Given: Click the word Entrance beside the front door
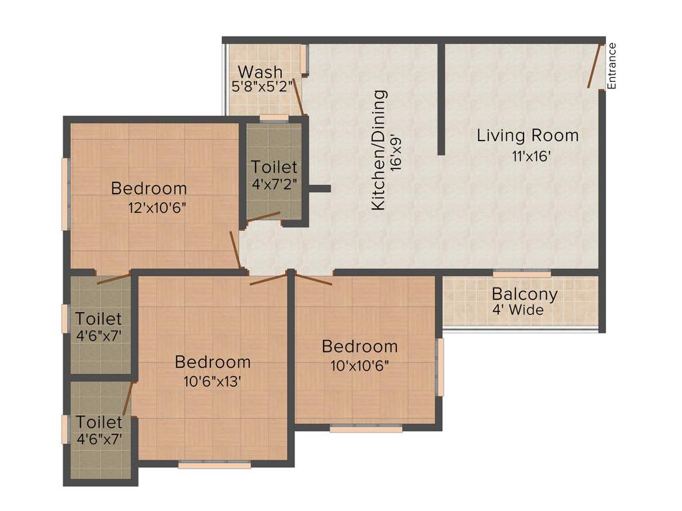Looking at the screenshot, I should tap(612, 65).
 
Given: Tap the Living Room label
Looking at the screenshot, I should tap(527, 136).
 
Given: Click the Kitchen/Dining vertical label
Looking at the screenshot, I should tap(378, 150).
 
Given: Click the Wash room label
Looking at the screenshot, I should tap(260, 71).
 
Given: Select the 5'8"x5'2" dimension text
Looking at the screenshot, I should tap(262, 86).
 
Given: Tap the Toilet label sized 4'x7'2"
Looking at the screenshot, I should tap(274, 167).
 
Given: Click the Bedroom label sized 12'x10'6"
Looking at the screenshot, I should tap(149, 188).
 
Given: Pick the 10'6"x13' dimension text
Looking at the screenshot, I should tap(212, 381).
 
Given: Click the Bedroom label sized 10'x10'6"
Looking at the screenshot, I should tap(360, 346).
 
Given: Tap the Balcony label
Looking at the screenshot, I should tap(525, 294).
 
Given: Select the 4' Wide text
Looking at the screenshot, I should tap(517, 310).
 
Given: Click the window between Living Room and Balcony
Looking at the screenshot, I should tap(521, 273).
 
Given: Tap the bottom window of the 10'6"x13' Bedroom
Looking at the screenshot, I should tap(214, 465).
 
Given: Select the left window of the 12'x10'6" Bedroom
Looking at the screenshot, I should tap(65, 194).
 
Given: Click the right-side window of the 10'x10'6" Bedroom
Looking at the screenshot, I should tap(440, 367).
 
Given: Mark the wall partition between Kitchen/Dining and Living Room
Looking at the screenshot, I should tap(441, 100).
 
